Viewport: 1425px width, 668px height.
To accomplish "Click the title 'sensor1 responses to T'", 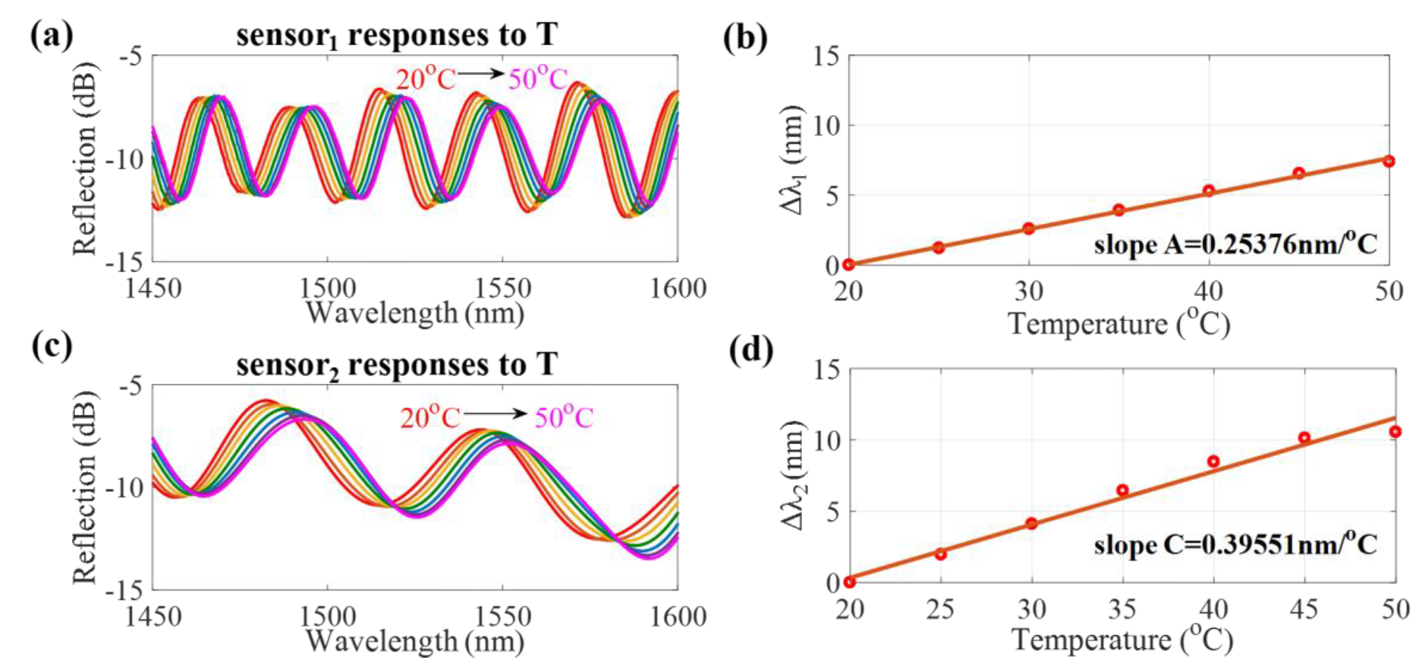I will tap(397, 35).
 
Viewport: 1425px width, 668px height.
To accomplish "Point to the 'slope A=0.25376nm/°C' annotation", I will tap(1235, 244).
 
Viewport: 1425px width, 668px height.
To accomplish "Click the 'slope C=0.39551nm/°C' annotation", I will tap(1235, 545).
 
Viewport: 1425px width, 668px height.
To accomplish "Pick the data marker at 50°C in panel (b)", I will tap(1388, 161).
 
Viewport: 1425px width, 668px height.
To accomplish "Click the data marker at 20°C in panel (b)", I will tap(849, 264).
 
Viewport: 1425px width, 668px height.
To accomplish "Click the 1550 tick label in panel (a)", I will tap(503, 289).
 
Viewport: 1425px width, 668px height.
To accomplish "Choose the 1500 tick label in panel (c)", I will tap(327, 617).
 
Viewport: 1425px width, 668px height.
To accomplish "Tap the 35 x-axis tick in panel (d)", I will tap(1122, 610).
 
